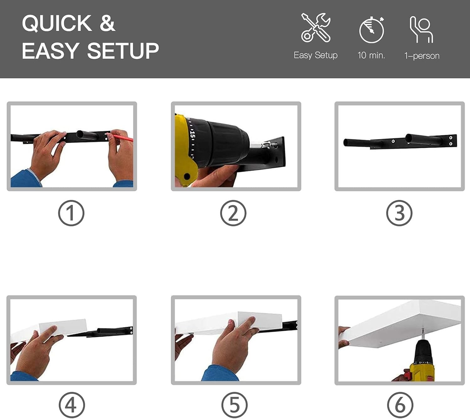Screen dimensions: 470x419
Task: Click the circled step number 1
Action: [71, 213]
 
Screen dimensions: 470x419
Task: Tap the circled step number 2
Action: [233, 213]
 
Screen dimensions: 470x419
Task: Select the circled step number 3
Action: [399, 213]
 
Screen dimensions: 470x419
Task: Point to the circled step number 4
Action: [72, 405]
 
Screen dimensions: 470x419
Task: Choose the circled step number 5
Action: [235, 405]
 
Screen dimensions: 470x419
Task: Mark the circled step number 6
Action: [400, 405]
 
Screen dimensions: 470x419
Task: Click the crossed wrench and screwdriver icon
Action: [316, 28]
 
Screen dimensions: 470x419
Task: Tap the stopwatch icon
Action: [372, 30]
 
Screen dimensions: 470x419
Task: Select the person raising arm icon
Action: [421, 29]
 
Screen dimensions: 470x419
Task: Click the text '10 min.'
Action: [371, 55]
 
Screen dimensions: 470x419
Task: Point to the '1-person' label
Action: [422, 56]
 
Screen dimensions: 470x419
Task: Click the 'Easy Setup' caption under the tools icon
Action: [316, 56]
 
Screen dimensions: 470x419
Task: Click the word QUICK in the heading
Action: [57, 23]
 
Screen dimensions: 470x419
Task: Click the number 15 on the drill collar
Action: [192, 135]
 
